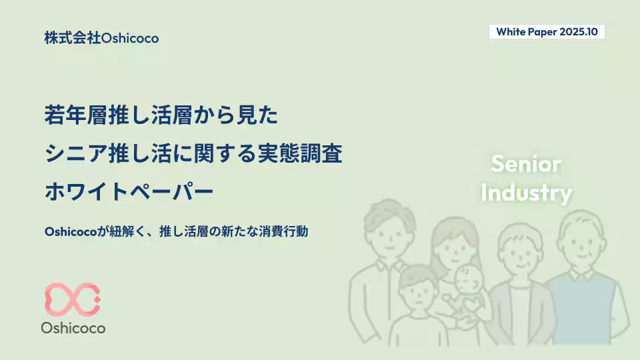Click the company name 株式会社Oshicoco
click(x=101, y=38)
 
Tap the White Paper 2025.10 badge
click(x=547, y=32)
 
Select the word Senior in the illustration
click(x=526, y=164)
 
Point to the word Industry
click(x=526, y=193)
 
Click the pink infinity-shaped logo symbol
click(x=73, y=299)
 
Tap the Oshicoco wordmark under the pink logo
click(x=73, y=328)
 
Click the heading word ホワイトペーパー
click(x=129, y=192)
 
